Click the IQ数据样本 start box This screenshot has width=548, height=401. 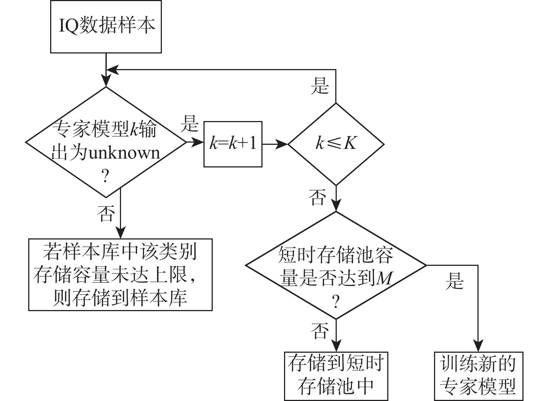(x=106, y=27)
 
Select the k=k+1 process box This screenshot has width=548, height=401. (x=233, y=144)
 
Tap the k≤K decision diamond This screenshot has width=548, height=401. (x=336, y=144)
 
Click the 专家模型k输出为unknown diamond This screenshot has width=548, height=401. (x=106, y=142)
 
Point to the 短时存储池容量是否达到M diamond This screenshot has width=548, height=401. (x=336, y=265)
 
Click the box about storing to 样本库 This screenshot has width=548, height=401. (x=120, y=274)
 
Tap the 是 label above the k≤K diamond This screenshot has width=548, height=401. (x=320, y=86)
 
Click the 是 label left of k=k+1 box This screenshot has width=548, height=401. (x=190, y=124)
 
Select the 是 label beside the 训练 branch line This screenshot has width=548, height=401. (x=454, y=281)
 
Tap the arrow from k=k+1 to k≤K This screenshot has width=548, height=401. (x=275, y=144)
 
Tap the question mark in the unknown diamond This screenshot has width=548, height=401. (x=105, y=176)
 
